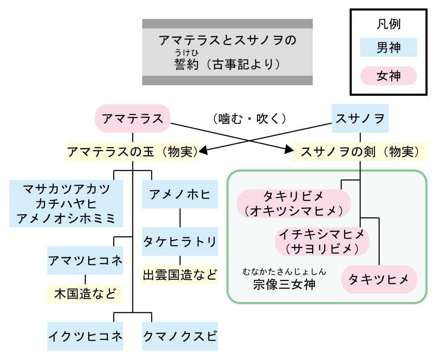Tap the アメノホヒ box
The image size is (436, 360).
[180, 194]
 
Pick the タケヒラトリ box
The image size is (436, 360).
[180, 241]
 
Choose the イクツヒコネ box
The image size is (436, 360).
[85, 336]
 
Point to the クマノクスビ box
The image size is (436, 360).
[180, 336]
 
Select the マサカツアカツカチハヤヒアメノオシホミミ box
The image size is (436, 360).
[66, 203]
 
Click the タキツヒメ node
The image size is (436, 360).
[379, 279]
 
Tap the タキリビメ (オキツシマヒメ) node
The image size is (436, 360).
[293, 203]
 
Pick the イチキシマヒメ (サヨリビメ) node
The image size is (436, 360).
[322, 241]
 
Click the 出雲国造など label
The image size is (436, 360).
[180, 275]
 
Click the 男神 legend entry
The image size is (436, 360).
[388, 48]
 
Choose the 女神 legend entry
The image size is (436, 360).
[388, 76]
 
